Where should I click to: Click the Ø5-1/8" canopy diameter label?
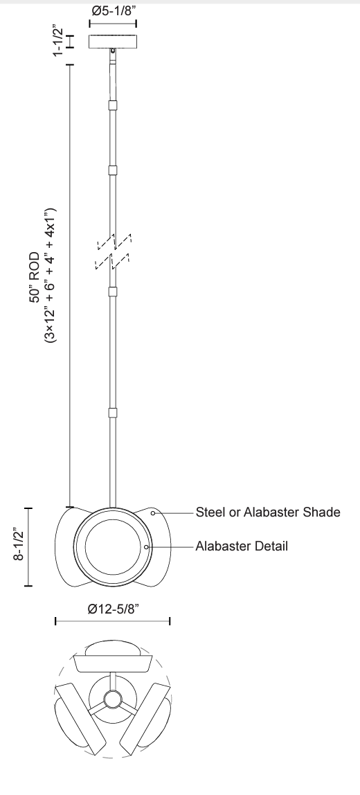(114, 12)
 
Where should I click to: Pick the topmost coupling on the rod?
(114, 106)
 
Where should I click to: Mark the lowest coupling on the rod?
(114, 413)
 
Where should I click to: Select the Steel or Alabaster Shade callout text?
(269, 513)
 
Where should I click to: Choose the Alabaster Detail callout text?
(242, 546)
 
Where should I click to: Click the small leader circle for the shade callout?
(153, 514)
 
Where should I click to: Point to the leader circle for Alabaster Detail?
(147, 546)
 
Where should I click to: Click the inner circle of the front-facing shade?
(113, 546)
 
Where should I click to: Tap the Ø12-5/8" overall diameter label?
(113, 609)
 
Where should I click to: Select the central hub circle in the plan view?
(112, 697)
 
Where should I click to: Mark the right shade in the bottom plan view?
(151, 718)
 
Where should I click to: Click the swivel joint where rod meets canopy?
(114, 52)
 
